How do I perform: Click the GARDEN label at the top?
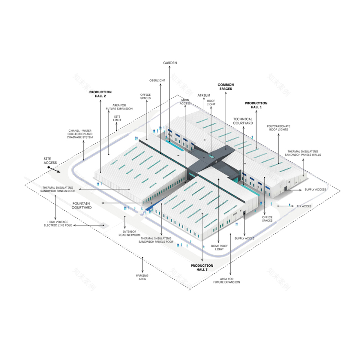(x=170, y=63)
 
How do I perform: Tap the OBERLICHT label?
(x=157, y=80)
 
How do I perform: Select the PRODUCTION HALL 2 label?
(x=100, y=94)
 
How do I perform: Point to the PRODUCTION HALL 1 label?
(x=256, y=105)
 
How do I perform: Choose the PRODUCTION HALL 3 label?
(x=202, y=268)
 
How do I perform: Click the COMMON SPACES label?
(x=225, y=87)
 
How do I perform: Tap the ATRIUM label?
(x=204, y=95)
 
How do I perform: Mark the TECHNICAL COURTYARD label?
(x=243, y=121)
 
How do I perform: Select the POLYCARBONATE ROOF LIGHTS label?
(x=278, y=128)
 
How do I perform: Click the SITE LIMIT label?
(x=117, y=118)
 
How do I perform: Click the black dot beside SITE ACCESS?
(x=49, y=167)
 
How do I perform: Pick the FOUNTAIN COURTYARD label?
(x=82, y=205)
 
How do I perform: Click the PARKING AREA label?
(x=142, y=277)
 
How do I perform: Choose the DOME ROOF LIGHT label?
(x=219, y=247)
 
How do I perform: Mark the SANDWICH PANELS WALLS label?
(x=304, y=153)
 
